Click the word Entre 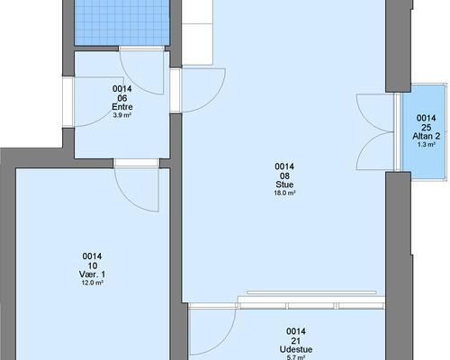pos(122,107)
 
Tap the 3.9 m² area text pos(122,115)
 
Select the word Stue pos(284,184)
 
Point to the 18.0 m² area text pos(284,193)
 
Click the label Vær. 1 pos(92,274)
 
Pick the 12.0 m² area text pos(93,283)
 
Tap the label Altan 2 pos(427,136)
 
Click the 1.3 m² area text pos(427,145)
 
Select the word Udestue pos(296,349)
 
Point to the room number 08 pos(284,175)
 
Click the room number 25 pos(427,127)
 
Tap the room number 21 pos(296,340)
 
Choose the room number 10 pos(93,265)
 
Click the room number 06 pos(122,98)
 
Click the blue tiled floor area pos(121,22)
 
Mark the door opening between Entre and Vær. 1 pos(137,163)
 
